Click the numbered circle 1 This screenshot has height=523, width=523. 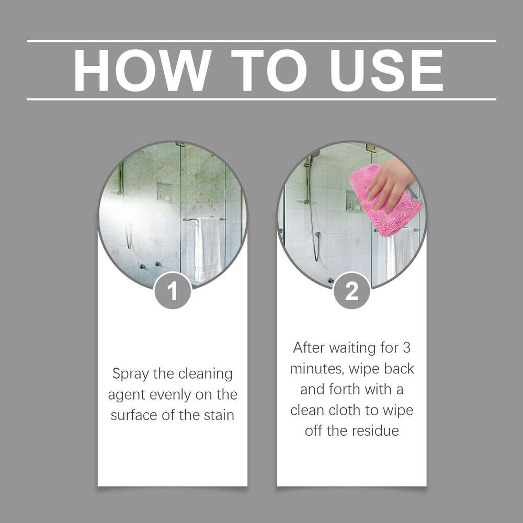[173, 291]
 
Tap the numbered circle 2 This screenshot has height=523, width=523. [351, 291]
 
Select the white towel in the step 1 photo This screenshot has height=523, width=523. [208, 248]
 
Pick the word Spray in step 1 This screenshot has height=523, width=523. [130, 374]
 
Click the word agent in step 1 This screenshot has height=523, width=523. [126, 395]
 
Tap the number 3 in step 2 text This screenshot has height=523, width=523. [406, 347]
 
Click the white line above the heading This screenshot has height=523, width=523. [261, 41]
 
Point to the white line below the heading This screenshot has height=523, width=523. [261, 98]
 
